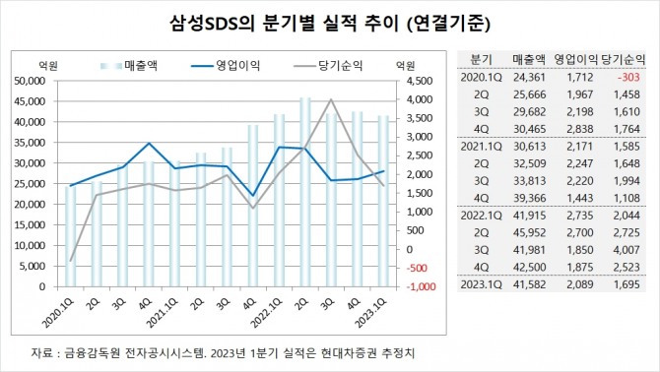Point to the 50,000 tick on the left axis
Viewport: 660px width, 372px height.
click(36, 82)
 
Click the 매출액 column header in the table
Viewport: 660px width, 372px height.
click(532, 58)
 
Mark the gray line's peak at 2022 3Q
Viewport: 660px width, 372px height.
click(332, 99)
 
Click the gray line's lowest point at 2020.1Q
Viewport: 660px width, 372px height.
click(69, 260)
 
